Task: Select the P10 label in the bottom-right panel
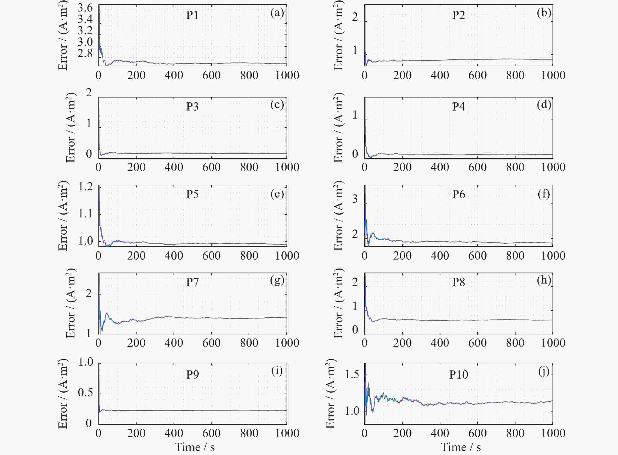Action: tap(459, 375)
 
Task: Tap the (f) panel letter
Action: tap(544, 194)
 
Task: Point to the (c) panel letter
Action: tap(277, 105)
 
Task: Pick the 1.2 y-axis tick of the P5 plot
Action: tap(85, 187)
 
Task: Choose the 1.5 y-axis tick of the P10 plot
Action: tap(352, 375)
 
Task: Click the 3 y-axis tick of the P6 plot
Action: tap(355, 199)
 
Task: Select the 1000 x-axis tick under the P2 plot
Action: tap(553, 75)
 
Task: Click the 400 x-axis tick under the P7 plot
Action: tap(174, 343)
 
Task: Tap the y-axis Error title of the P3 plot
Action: tap(71, 128)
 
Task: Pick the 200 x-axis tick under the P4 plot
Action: tap(402, 167)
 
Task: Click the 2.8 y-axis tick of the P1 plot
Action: tap(85, 53)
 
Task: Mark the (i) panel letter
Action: tap(277, 371)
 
